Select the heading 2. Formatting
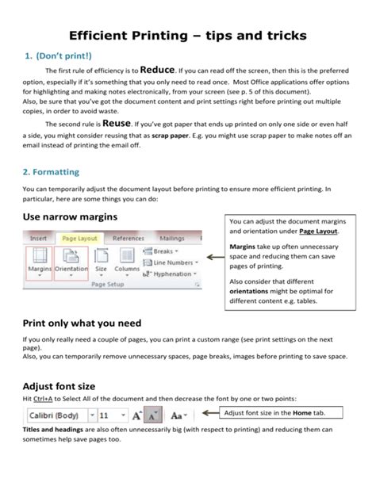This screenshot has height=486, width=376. point(52,170)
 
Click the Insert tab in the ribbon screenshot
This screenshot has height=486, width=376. point(38,237)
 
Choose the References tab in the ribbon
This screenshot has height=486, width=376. point(128,237)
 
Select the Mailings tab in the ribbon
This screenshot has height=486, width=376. point(171,237)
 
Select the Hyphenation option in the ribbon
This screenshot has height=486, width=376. point(171,274)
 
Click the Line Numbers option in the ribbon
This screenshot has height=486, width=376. point(172,262)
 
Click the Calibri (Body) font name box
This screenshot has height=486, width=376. point(53,415)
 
